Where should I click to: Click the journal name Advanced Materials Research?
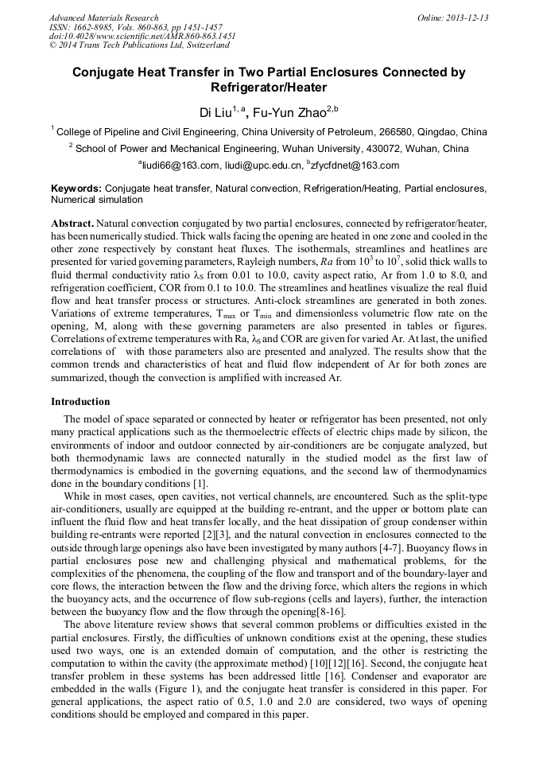(103, 18)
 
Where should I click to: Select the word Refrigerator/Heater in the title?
(269, 88)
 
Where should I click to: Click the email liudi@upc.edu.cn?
(262, 165)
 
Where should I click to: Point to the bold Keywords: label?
(76, 189)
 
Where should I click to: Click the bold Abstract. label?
(73, 224)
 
